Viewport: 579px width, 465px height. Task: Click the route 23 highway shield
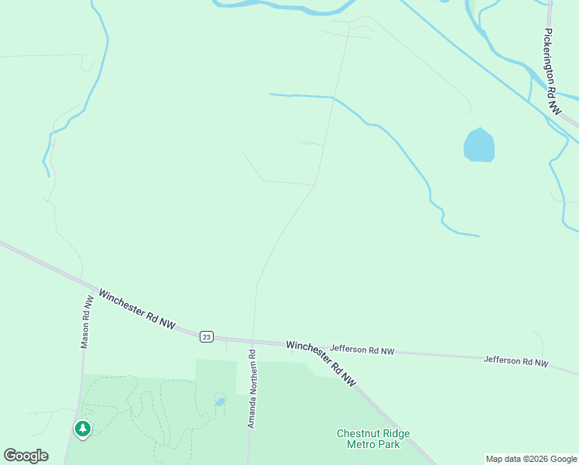(205, 336)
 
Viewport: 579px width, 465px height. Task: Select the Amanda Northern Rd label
(251, 389)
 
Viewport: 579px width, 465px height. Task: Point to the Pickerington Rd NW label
(551, 73)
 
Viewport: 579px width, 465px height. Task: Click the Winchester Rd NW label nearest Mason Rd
(137, 309)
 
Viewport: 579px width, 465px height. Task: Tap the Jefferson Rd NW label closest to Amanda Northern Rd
(361, 350)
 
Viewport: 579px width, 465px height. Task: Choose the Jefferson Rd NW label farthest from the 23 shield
(516, 360)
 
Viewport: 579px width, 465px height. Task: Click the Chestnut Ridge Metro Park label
(373, 439)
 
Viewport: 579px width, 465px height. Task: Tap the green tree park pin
(82, 428)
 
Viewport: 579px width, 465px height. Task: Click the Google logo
(26, 456)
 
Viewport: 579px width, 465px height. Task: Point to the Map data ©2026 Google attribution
(532, 459)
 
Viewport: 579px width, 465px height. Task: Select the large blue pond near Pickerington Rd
(478, 146)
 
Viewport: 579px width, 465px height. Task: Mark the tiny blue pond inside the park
(219, 402)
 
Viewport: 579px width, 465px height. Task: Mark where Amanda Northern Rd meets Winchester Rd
(252, 340)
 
